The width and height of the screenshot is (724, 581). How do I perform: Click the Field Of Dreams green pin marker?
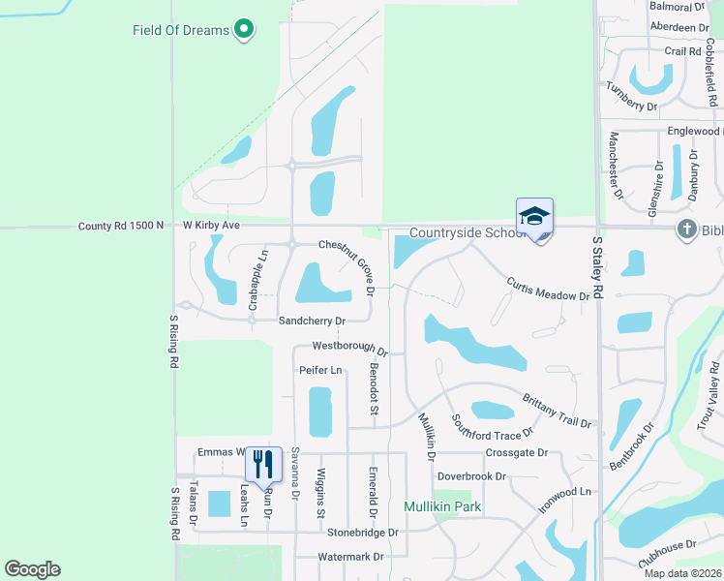click(244, 30)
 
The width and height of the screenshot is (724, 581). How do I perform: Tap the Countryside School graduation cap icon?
click(534, 217)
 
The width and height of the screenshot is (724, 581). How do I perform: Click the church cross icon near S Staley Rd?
click(685, 229)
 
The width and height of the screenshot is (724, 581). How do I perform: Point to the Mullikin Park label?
click(442, 506)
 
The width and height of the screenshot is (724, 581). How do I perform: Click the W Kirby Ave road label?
click(211, 225)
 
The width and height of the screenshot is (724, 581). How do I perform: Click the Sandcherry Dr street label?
click(311, 321)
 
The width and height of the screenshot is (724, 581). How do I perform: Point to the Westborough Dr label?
click(349, 348)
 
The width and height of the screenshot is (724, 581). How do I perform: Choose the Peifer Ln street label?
click(321, 370)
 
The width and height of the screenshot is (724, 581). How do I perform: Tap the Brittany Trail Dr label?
click(557, 411)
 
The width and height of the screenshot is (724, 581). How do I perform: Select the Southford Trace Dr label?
click(492, 427)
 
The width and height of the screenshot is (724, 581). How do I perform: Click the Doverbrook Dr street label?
click(472, 476)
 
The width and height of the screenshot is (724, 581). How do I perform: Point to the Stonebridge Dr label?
click(363, 533)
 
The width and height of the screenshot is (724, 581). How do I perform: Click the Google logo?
click(32, 569)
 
